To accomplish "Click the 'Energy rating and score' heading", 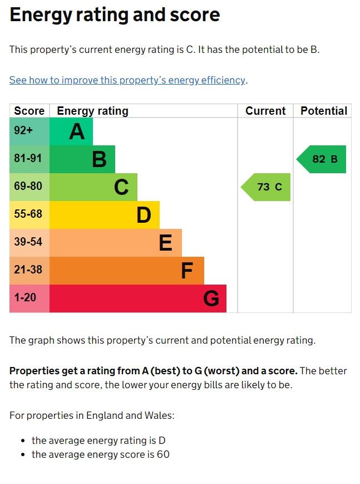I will coord(115,15).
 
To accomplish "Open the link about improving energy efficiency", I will coord(127,80).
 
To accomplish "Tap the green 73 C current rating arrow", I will coord(267,187).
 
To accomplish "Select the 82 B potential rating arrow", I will coord(322,159).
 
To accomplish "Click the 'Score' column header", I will coord(29,111).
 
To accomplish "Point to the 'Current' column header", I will coord(265,111).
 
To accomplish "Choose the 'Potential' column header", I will coord(323,111).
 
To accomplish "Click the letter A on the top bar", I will coord(77,131).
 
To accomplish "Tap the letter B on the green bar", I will coord(99,159).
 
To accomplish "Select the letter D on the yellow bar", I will coord(144,215).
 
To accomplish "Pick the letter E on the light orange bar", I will coord(165,243).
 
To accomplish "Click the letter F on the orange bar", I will coord(187,271).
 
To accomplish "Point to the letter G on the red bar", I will coord(211,299).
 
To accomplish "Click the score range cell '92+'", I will coord(23,131).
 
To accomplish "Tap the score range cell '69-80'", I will coord(28,187).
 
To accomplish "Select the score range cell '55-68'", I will coord(28,214).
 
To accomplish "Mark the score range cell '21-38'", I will coord(28,270).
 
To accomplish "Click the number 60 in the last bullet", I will coord(162,454).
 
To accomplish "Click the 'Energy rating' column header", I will coord(92,111).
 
